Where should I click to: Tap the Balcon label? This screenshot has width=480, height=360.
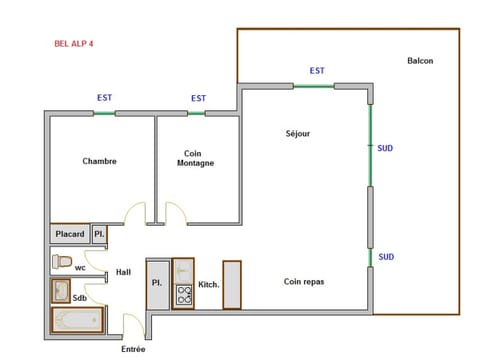click(x=420, y=61)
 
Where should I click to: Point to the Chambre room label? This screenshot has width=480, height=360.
click(x=99, y=161)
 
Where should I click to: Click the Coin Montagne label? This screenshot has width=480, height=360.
click(x=195, y=158)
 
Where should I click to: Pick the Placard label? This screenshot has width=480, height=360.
click(x=70, y=235)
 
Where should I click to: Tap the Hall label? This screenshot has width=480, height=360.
click(x=123, y=272)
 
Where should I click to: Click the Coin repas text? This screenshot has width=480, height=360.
click(x=303, y=282)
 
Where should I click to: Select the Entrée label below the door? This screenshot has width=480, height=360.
click(x=133, y=349)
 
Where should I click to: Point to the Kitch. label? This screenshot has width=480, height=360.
click(x=208, y=285)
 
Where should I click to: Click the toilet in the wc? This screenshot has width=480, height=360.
click(x=63, y=261)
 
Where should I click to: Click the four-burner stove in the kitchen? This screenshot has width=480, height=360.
click(x=184, y=295)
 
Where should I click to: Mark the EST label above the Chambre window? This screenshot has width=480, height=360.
click(x=103, y=98)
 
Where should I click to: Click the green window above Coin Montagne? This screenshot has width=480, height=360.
click(x=197, y=113)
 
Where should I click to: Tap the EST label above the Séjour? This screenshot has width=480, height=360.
click(x=317, y=71)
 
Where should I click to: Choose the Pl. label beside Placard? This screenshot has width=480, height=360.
click(x=99, y=234)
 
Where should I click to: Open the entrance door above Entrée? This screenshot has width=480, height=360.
click(x=133, y=325)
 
